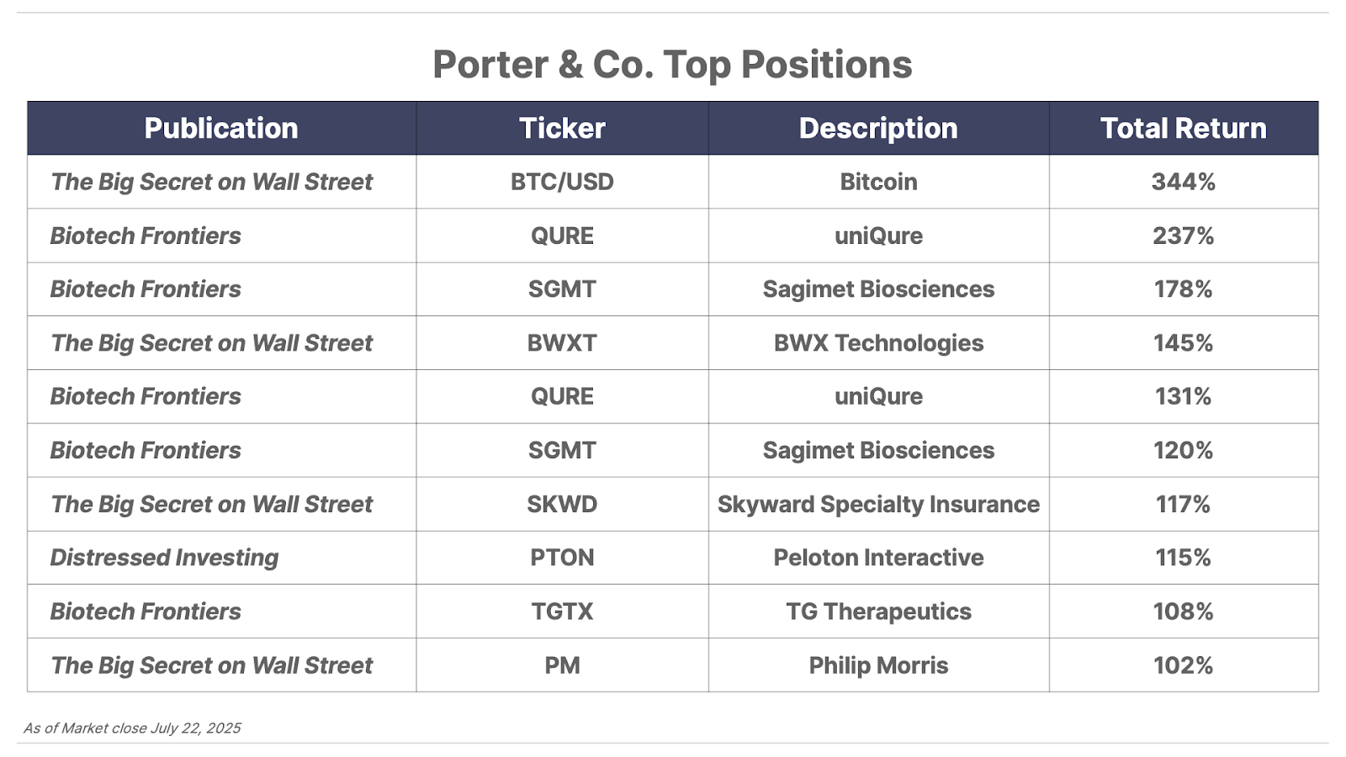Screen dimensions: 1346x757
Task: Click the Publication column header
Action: (221, 129)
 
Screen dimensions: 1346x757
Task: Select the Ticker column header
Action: (562, 129)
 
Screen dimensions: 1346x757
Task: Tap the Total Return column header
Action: (1183, 129)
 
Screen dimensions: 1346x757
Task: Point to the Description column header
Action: (878, 129)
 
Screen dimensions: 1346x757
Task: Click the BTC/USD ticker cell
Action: (562, 182)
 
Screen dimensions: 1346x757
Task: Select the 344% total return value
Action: (1183, 182)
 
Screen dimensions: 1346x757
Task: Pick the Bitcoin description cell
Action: (878, 182)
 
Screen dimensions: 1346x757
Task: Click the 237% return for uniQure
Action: (1183, 236)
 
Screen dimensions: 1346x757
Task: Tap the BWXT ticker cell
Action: (562, 343)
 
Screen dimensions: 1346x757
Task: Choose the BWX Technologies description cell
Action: (878, 343)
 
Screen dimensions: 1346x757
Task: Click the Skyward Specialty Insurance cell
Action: (878, 505)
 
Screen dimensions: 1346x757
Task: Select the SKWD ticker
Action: (562, 504)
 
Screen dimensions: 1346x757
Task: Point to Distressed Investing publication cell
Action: (164, 558)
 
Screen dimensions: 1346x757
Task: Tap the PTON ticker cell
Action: (562, 558)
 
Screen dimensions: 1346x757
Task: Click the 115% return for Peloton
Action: (1183, 558)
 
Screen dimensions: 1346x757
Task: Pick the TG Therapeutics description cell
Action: (878, 611)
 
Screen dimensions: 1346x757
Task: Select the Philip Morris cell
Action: (878, 665)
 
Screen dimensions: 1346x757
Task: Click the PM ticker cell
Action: (562, 665)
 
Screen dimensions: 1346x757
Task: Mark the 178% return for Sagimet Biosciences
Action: (1183, 289)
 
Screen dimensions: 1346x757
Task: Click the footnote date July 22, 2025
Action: (195, 728)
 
